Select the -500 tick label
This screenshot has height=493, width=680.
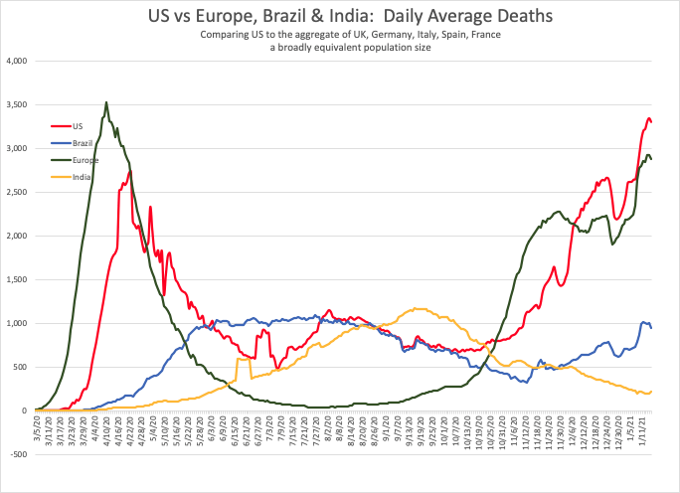tap(19, 455)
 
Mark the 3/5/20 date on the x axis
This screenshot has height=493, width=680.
tap(37, 432)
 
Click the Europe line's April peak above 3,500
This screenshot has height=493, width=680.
tap(106, 102)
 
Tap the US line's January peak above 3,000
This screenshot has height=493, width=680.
tap(648, 119)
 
